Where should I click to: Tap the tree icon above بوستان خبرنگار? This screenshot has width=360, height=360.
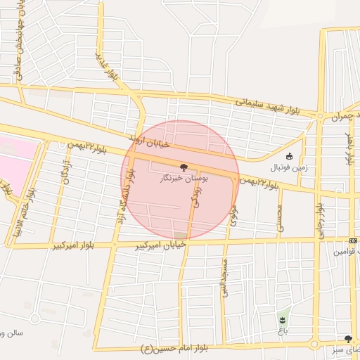coord(184,168)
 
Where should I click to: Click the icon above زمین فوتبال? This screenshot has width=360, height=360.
coord(290,156)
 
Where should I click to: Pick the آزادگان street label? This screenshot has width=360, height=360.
coord(67,169)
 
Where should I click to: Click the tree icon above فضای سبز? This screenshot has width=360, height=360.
coord(348,338)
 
